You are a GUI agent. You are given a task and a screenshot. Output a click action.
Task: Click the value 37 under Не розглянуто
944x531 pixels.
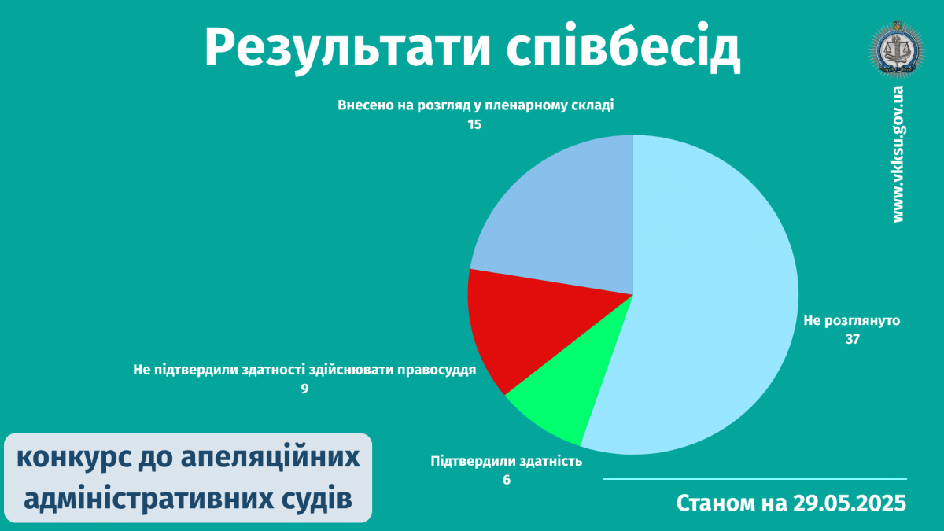pos(852,340)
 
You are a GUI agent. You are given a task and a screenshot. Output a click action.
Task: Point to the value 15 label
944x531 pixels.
pos(474,125)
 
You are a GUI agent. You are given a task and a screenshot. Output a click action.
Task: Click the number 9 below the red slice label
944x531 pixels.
pos(304,389)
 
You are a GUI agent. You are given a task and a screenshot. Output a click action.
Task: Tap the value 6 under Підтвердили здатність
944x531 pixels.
pos(506,480)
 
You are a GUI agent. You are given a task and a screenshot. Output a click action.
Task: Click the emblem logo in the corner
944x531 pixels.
pos(897,50)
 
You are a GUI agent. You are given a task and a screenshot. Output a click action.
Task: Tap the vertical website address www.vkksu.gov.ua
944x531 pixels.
pos(898,154)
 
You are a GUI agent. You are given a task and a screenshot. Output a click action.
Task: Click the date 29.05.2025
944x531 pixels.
pos(849,503)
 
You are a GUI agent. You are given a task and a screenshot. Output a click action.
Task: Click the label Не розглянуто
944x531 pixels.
pos(852,321)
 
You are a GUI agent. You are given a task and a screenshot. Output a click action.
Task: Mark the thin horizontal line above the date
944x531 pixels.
pos(754,479)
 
